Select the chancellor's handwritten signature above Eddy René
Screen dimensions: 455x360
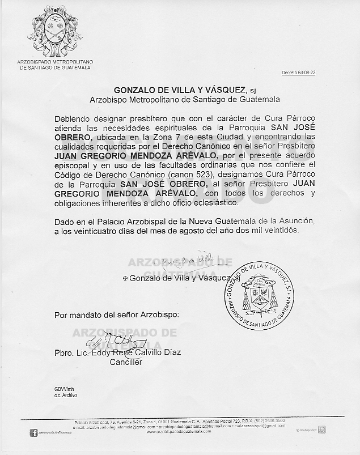click(116, 342)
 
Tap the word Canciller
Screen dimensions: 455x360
click(125, 362)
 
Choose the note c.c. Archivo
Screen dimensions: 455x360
click(66, 395)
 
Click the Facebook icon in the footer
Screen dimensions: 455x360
click(33, 433)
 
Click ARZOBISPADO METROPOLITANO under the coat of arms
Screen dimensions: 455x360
click(55, 61)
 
